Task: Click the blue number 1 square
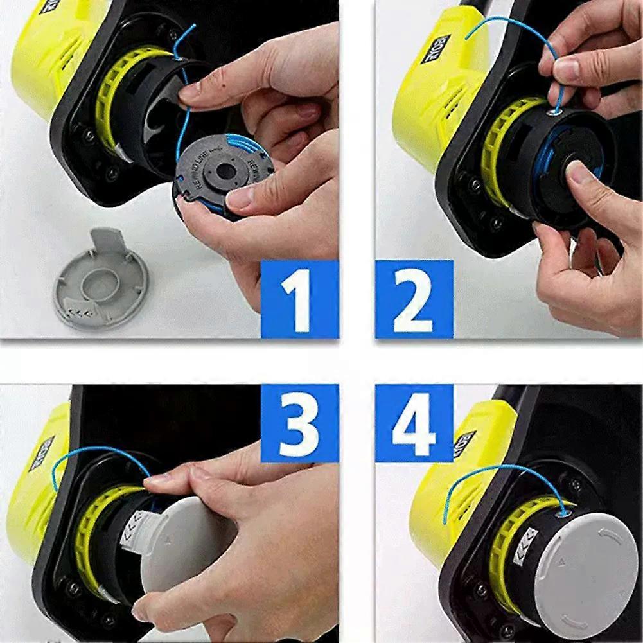pos(299,299)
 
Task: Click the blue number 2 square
pos(414,299)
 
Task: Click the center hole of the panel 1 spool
pos(225,172)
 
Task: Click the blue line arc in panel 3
pos(96,452)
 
